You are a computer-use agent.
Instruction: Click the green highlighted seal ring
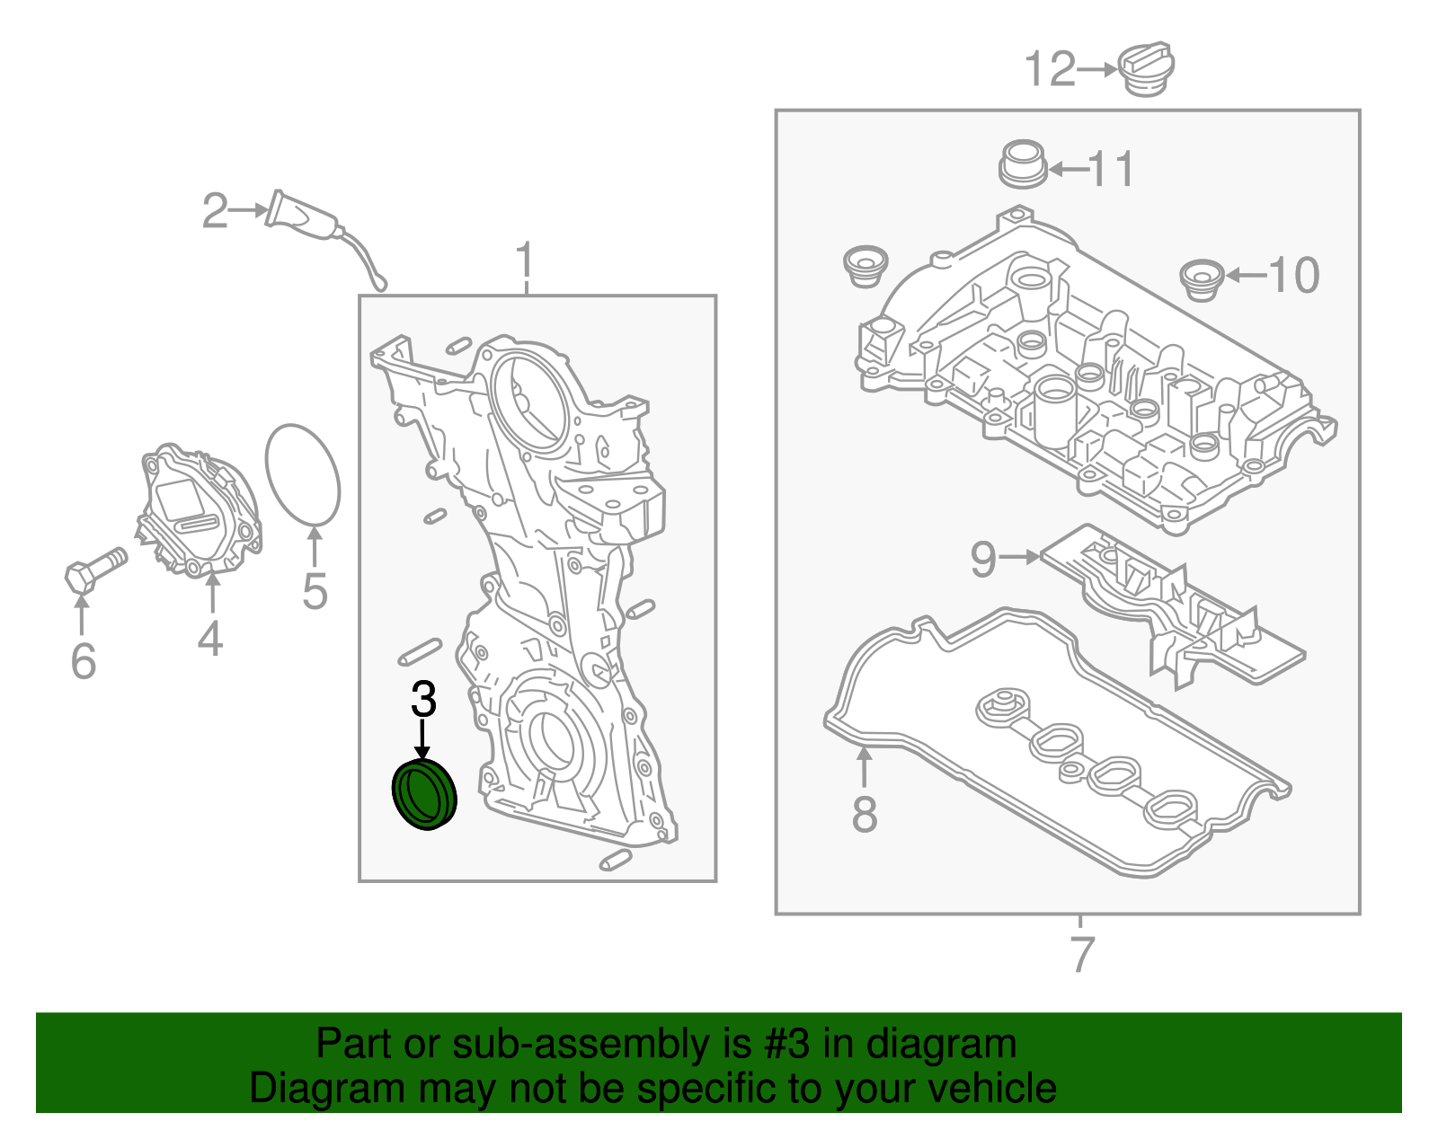click(425, 794)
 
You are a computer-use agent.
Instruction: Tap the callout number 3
click(423, 700)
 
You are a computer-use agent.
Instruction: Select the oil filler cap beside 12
click(1147, 69)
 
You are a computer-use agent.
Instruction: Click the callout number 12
click(1050, 70)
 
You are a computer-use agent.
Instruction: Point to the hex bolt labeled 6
click(94, 569)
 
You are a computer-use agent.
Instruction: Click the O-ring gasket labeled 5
click(303, 474)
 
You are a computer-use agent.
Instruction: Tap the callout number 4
click(209, 639)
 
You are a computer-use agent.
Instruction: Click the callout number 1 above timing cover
click(525, 261)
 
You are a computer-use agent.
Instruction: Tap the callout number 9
click(983, 559)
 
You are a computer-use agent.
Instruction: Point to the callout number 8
click(864, 815)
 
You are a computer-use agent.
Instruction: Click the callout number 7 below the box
click(1082, 954)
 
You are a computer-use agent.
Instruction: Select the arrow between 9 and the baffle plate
click(1020, 558)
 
